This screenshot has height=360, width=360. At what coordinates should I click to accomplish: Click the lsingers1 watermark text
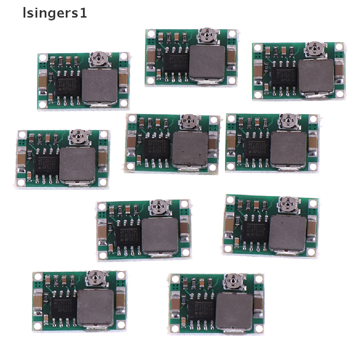[54, 14]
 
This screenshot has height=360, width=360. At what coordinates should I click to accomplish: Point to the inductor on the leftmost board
[78, 166]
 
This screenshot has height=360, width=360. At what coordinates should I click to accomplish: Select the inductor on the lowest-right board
[233, 310]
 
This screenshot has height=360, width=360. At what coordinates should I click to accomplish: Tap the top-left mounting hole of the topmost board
[150, 34]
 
